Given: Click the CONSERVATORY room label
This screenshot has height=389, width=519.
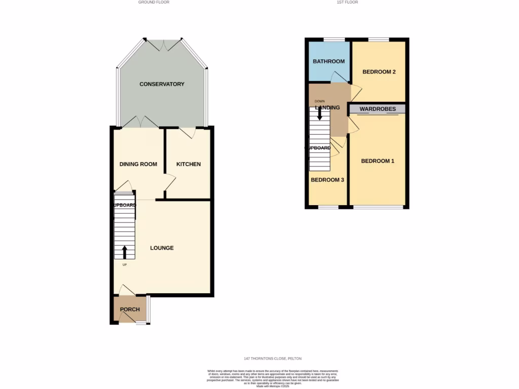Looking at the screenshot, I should pyautogui.click(x=162, y=84).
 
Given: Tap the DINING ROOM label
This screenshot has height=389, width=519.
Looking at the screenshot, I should pyautogui.click(x=138, y=164).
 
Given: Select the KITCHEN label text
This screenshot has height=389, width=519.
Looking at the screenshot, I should pyautogui.click(x=188, y=164).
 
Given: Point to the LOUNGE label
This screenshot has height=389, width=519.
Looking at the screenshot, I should pyautogui.click(x=162, y=248).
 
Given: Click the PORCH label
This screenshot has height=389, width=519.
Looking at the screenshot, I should pyautogui.click(x=129, y=309).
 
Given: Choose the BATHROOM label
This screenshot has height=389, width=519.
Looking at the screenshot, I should pyautogui.click(x=328, y=61).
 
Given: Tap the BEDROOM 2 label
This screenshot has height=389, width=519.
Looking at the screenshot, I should pyautogui.click(x=379, y=72).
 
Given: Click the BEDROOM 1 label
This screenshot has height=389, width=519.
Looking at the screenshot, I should pyautogui.click(x=377, y=161).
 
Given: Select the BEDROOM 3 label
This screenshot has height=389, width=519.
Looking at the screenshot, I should pyautogui.click(x=327, y=180).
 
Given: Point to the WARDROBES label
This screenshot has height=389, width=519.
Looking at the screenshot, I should pyautogui.click(x=378, y=109).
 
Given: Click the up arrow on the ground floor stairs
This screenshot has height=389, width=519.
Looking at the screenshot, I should pyautogui.click(x=125, y=252).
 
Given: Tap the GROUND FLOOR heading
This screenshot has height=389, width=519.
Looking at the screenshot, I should pyautogui.click(x=154, y=2).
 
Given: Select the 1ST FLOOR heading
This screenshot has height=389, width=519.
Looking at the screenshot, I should pyautogui.click(x=348, y=2).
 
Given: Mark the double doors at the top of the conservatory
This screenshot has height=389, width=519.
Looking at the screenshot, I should pyautogui.click(x=162, y=45).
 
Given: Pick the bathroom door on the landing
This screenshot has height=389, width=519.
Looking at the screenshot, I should pyautogui.click(x=339, y=77).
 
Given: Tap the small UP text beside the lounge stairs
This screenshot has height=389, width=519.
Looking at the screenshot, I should pyautogui.click(x=124, y=264).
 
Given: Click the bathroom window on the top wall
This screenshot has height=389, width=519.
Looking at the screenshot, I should pyautogui.click(x=333, y=40).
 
